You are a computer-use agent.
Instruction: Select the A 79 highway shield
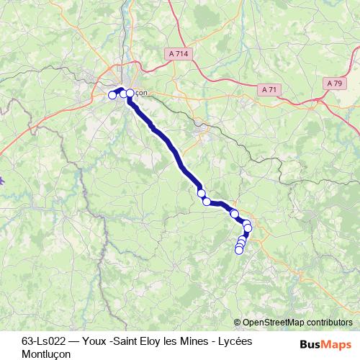pos(334,84)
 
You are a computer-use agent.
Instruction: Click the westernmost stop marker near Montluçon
pos(112,95)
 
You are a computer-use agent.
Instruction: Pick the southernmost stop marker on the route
pos(239,250)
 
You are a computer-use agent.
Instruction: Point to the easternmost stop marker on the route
pos(248,228)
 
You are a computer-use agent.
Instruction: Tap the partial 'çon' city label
pos(141,93)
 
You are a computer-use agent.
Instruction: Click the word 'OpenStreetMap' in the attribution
pos(274,323)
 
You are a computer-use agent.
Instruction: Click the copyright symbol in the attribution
pos(238,323)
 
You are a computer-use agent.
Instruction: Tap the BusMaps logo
pos(325,343)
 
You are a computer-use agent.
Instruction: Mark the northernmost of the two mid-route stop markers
pos(202,192)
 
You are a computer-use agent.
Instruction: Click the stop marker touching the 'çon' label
pos(130,94)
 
